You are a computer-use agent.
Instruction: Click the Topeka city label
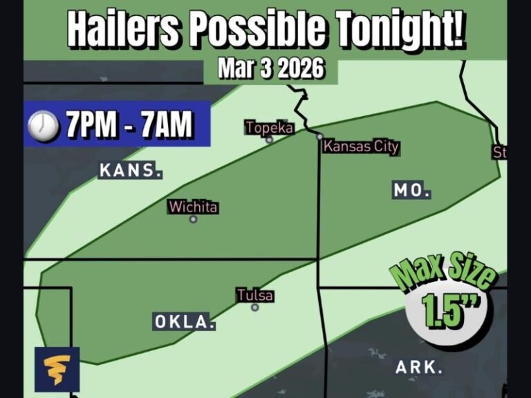(x=270, y=128)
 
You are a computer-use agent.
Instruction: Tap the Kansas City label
(x=362, y=146)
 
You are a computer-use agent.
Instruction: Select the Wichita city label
(x=194, y=207)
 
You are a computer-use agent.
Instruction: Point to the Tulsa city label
(x=255, y=296)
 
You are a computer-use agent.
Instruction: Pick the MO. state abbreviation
(x=412, y=190)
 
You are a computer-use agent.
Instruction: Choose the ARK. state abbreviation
(x=420, y=367)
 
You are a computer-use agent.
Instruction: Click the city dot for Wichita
(x=194, y=219)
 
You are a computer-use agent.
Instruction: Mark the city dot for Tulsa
(x=255, y=307)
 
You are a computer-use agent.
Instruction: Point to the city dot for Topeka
(x=270, y=140)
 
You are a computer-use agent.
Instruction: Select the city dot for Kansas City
(x=319, y=137)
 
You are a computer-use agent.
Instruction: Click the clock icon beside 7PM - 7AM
(x=43, y=126)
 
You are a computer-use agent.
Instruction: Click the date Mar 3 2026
(x=271, y=69)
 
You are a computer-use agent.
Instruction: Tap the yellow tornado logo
(x=57, y=369)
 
